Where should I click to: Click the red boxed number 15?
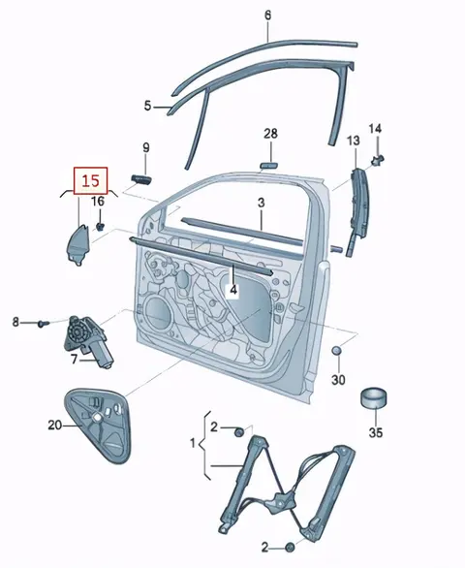[x=90, y=180]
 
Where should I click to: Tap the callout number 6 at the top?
[x=267, y=16]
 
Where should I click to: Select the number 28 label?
[x=270, y=134]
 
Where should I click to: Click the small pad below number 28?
[x=268, y=165]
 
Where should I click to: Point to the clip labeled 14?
[x=378, y=159]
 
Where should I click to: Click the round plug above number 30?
[x=337, y=351]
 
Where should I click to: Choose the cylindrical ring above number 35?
[x=374, y=397]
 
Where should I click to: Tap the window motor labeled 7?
[x=89, y=340]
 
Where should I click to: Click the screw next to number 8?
[x=43, y=323]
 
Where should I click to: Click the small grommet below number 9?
[x=140, y=178]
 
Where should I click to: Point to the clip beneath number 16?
[x=100, y=227]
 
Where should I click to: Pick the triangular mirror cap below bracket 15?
[x=77, y=244]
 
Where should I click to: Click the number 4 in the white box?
[x=233, y=290]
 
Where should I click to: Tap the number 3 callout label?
[x=262, y=203]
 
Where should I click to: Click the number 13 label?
[x=354, y=141]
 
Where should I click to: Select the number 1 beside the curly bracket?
[x=193, y=443]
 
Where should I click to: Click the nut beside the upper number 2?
[x=239, y=432]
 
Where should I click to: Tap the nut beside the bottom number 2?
[x=290, y=547]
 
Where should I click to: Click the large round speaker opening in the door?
[x=158, y=313]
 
